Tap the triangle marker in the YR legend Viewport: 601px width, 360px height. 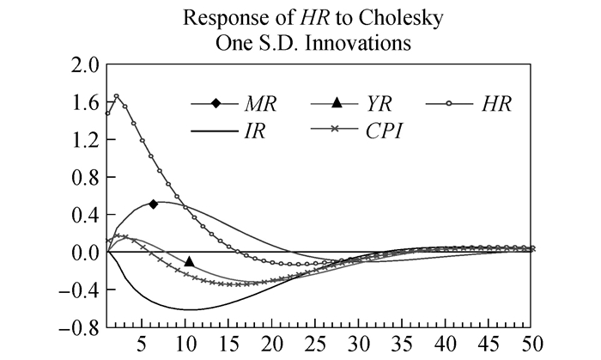tap(337, 104)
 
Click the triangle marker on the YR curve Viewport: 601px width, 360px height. tap(189, 261)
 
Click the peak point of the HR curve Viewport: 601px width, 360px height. tap(116, 96)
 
